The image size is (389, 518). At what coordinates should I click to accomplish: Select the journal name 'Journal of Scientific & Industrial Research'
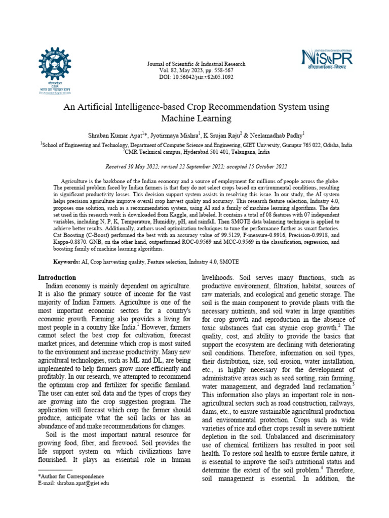(x=196, y=64)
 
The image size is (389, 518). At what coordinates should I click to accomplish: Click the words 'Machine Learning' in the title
(x=196, y=119)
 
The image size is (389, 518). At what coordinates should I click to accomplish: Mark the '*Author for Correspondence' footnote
(x=71, y=477)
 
